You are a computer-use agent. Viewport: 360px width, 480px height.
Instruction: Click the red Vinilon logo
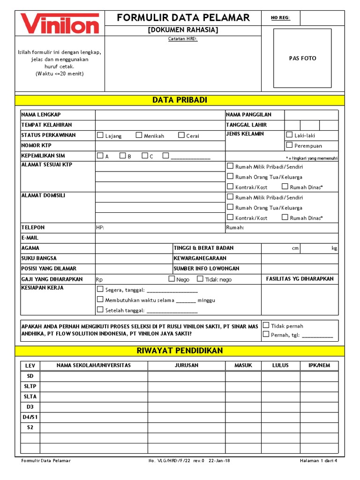point(60,23)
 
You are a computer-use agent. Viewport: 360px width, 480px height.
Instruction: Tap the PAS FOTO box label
point(302,59)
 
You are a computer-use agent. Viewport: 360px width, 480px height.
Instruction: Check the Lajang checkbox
point(100,135)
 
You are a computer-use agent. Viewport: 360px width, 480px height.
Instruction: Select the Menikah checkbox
point(139,135)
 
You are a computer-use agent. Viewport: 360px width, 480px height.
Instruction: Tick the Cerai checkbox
point(181,135)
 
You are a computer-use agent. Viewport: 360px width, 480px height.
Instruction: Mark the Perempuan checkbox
point(289,145)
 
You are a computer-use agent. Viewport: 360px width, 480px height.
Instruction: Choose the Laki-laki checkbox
point(289,135)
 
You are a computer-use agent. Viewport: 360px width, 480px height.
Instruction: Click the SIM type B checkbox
point(122,156)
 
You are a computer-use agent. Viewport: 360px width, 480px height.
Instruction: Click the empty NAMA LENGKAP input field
point(160,115)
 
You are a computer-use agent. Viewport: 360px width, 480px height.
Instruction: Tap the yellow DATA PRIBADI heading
point(180,100)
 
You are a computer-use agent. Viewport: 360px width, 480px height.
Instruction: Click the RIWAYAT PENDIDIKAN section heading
point(180,351)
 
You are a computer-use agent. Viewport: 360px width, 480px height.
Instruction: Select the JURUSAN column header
point(187,366)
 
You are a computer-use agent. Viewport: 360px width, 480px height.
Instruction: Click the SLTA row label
point(30,397)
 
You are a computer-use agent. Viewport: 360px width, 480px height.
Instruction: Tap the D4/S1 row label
point(30,417)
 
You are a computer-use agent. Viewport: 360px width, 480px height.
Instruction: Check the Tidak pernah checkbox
point(266,325)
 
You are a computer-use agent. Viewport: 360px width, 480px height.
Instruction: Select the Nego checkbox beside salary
point(172,279)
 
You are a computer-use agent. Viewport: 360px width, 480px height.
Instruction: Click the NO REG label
point(281,18)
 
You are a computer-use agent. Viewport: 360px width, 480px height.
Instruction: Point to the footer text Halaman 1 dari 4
point(318,461)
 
